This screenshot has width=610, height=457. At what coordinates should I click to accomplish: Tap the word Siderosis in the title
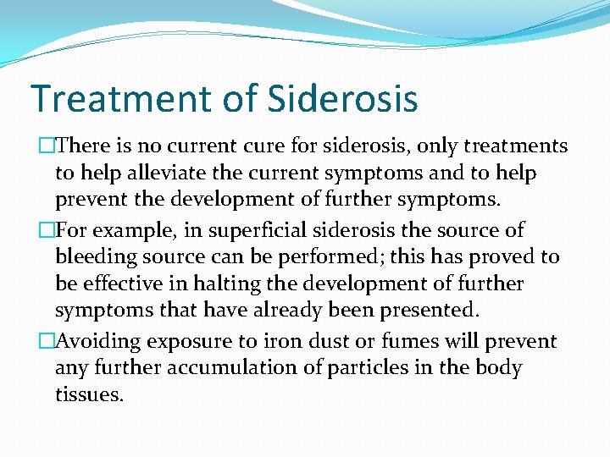tap(342, 98)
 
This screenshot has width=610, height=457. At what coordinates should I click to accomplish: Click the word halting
tap(247, 284)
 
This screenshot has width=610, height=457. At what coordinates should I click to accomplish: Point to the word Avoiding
tap(102, 342)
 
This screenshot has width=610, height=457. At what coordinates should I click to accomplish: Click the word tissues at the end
tap(88, 394)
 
